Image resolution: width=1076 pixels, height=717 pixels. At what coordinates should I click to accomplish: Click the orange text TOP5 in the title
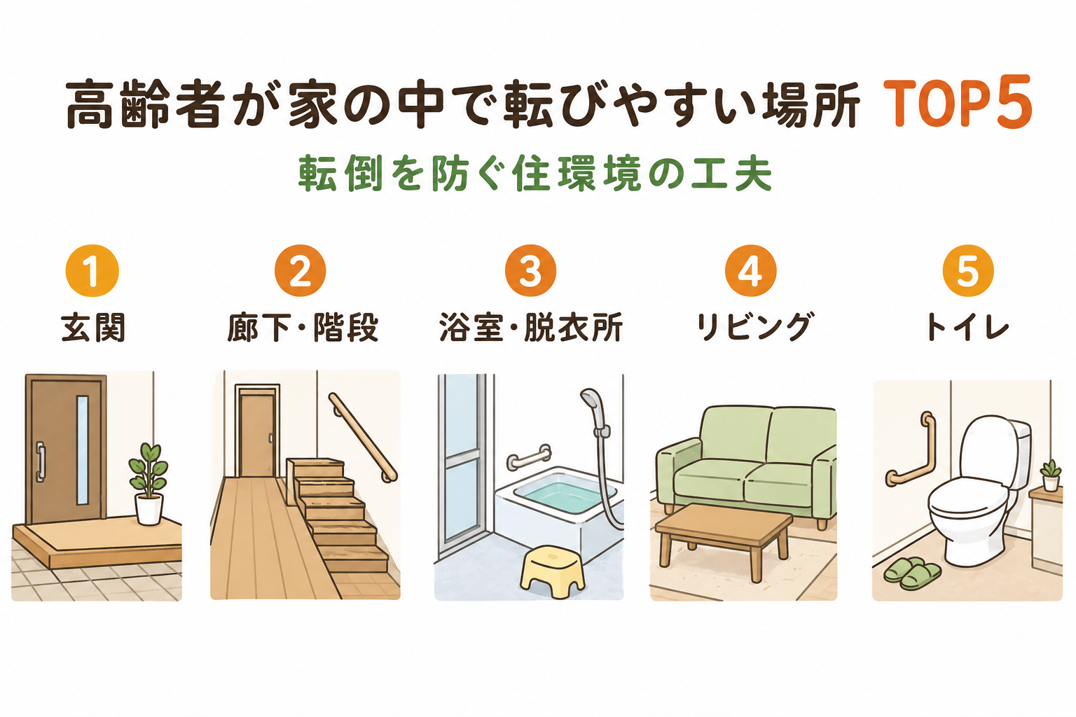pyautogui.click(x=958, y=102)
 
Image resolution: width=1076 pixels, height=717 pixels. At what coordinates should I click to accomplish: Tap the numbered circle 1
pyautogui.click(x=92, y=270)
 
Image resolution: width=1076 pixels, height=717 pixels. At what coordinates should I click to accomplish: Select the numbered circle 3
pyautogui.click(x=530, y=270)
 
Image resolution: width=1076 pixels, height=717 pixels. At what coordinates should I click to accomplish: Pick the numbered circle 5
pyautogui.click(x=968, y=270)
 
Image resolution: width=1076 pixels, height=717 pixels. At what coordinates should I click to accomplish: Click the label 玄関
pyautogui.click(x=93, y=327)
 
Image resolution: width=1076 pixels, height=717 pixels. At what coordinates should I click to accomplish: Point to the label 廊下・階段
pyautogui.click(x=303, y=327)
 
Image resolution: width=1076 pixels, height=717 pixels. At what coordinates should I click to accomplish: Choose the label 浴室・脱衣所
pyautogui.click(x=531, y=327)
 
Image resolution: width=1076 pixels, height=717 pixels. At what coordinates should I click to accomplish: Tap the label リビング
pyautogui.click(x=754, y=326)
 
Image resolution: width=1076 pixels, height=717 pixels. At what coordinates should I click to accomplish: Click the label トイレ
pyautogui.click(x=967, y=327)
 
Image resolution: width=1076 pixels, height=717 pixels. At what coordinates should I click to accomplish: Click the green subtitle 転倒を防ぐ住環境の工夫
pyautogui.click(x=534, y=174)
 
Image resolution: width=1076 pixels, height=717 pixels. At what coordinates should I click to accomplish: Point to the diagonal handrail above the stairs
pyautogui.click(x=363, y=437)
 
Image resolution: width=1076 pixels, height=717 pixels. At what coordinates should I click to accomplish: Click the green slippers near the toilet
pyautogui.click(x=912, y=573)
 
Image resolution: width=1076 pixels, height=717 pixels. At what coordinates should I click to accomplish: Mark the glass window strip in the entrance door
pyautogui.click(x=82, y=450)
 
